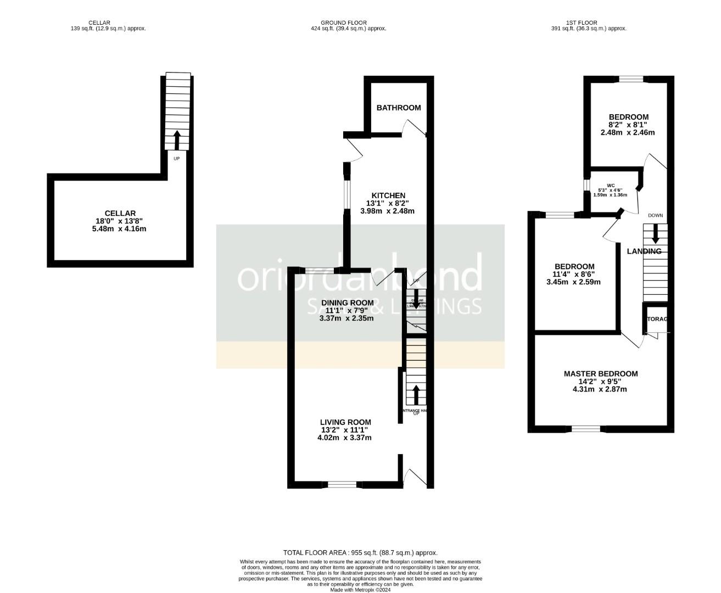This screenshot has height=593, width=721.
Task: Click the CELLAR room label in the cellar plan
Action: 120,213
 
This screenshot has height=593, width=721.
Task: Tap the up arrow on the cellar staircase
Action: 176,140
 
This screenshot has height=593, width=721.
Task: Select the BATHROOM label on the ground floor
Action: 399,108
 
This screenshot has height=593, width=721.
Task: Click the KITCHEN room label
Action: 388,195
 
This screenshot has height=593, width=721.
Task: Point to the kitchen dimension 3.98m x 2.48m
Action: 387,211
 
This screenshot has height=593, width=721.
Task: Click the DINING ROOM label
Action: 347,303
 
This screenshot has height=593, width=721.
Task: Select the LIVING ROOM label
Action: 345,422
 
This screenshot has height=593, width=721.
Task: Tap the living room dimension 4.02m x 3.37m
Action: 344,438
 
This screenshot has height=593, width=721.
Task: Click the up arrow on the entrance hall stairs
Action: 416,395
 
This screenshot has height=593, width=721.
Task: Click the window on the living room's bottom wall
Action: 342,484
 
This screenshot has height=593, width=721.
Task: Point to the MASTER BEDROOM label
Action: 601,374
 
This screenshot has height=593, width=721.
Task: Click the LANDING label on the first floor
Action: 644,251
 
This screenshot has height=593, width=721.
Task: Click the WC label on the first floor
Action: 611,185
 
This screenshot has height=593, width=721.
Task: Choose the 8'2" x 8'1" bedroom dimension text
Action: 628,125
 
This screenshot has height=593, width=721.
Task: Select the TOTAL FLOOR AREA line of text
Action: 360,553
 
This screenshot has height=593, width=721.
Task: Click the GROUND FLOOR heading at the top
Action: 344,23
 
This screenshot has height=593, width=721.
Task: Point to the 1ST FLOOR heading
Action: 589,23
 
